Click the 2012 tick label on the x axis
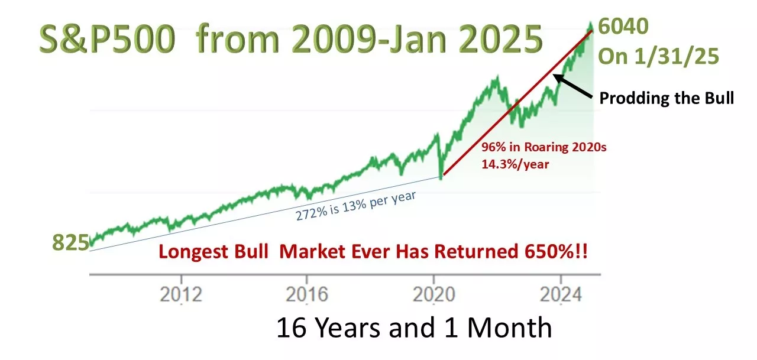point(181,294)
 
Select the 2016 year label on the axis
point(307,294)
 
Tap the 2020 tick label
point(434,294)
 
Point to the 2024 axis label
point(561,294)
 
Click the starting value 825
point(70,242)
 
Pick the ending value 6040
point(623,26)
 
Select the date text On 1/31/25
point(658,56)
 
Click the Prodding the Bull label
point(667,98)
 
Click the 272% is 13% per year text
point(355,206)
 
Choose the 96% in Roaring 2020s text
point(544,147)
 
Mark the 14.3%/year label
point(515,164)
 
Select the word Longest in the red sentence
point(193,252)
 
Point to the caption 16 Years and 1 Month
point(415,327)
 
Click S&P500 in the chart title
point(107,38)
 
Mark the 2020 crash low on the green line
point(441,179)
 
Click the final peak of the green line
point(590,24)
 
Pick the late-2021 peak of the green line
point(497,77)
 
